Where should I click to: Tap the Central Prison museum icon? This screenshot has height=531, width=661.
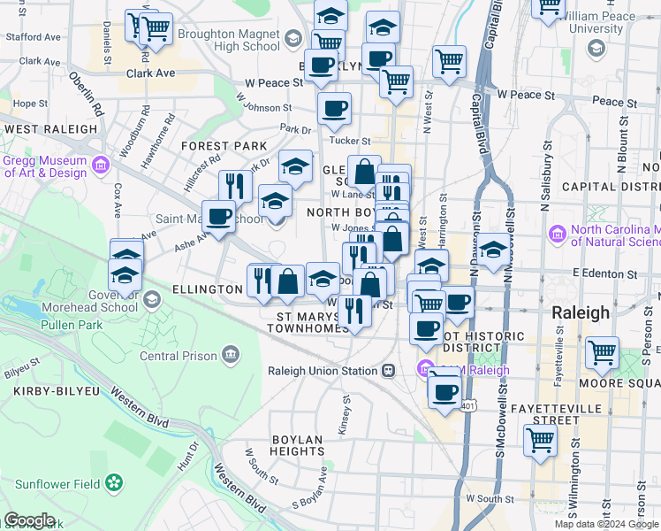coord(231,355)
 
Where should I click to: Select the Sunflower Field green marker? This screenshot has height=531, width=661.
coord(114,483)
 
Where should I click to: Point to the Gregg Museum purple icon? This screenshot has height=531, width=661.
coord(100,164)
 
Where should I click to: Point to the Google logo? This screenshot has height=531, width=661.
coord(29,521)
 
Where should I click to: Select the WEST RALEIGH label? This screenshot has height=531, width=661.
coord(50,129)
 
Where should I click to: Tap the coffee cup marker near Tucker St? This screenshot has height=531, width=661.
coord(334,109)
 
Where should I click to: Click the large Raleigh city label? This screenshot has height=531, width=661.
coord(581,312)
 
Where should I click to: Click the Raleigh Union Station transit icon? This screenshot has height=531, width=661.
coord(388,371)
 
